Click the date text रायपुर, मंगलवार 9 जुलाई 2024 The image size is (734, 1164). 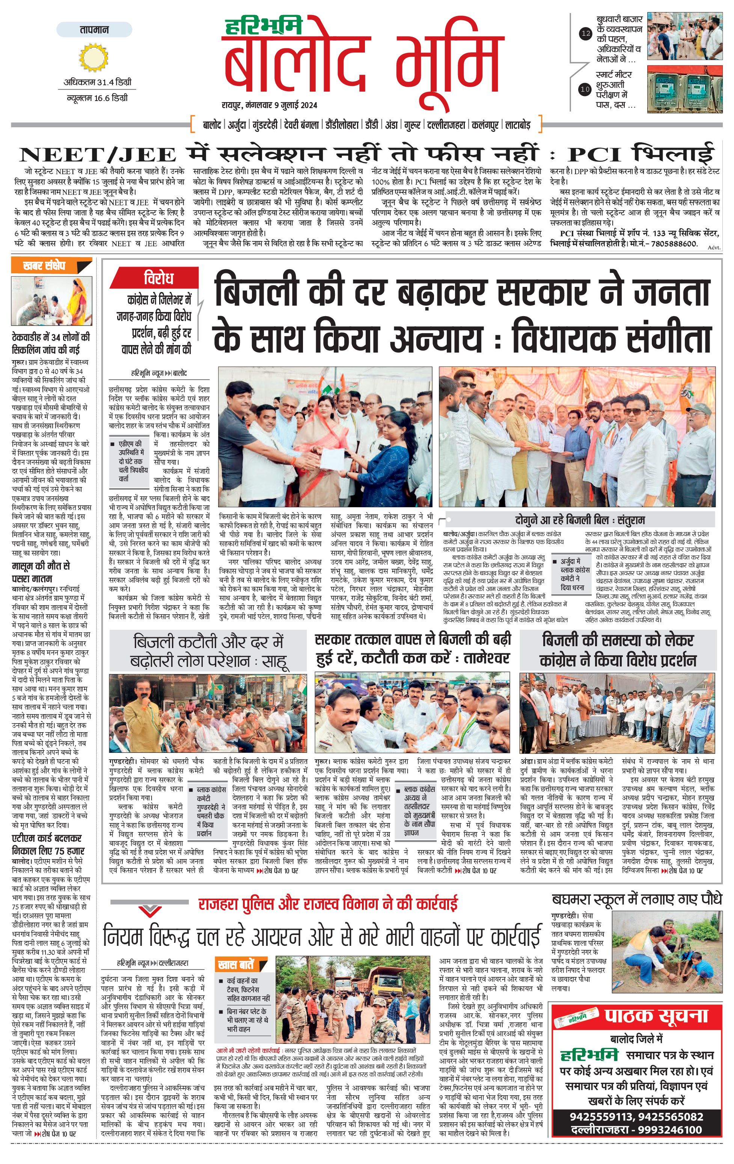tap(270, 105)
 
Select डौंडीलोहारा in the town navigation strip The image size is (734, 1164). tap(342, 125)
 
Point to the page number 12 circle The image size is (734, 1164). tap(585, 34)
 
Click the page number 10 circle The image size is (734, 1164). tap(585, 89)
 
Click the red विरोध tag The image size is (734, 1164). tap(158, 279)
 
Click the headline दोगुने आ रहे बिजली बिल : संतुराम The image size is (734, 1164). tap(579, 520)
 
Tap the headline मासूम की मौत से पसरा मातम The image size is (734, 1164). tap(41, 572)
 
